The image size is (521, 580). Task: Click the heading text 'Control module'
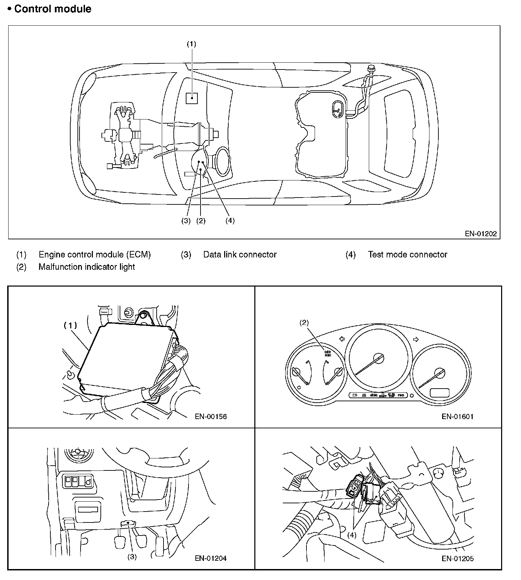(52, 9)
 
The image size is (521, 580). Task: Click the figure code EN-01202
(481, 234)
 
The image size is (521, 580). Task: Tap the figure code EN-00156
(211, 416)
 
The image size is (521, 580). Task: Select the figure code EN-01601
(458, 416)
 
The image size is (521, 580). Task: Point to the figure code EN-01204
(211, 558)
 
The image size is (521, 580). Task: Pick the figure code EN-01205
(458, 558)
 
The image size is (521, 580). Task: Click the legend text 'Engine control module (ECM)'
(95, 254)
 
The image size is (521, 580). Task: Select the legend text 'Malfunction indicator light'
(87, 267)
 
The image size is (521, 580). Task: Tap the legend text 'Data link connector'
(240, 254)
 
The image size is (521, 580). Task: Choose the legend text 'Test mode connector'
(408, 254)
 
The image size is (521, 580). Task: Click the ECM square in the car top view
(192, 98)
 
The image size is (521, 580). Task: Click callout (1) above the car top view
(191, 44)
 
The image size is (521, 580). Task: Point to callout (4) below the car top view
(230, 221)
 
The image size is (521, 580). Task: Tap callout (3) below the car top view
(186, 221)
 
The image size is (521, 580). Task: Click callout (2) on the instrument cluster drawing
(304, 323)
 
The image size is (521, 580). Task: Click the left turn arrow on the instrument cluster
(342, 339)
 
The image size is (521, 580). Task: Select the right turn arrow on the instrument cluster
(416, 339)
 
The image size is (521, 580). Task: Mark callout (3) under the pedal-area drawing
(132, 557)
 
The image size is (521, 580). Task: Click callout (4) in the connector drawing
(352, 535)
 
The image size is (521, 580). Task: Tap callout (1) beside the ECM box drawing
(70, 325)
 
